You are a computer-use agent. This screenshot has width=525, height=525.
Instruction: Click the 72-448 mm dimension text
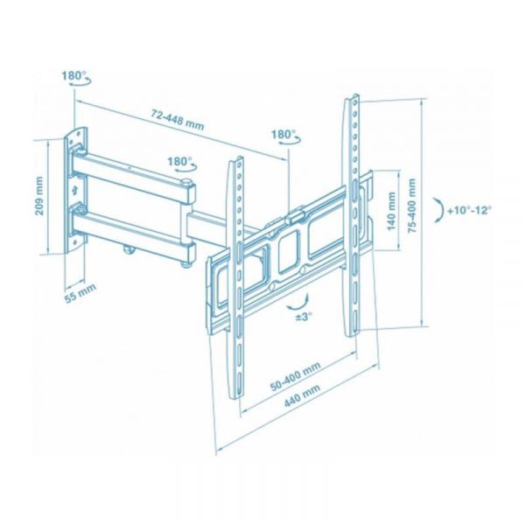coord(177,120)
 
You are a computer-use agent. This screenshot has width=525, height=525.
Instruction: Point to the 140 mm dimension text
coord(390,210)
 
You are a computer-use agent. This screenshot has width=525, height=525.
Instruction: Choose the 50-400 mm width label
coord(294,374)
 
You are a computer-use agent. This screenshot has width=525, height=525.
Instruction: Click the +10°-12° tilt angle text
coord(470,211)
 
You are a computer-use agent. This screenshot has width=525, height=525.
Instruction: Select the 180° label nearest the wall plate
coord(73,76)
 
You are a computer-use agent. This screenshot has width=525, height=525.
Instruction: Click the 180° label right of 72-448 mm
coord(283,136)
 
